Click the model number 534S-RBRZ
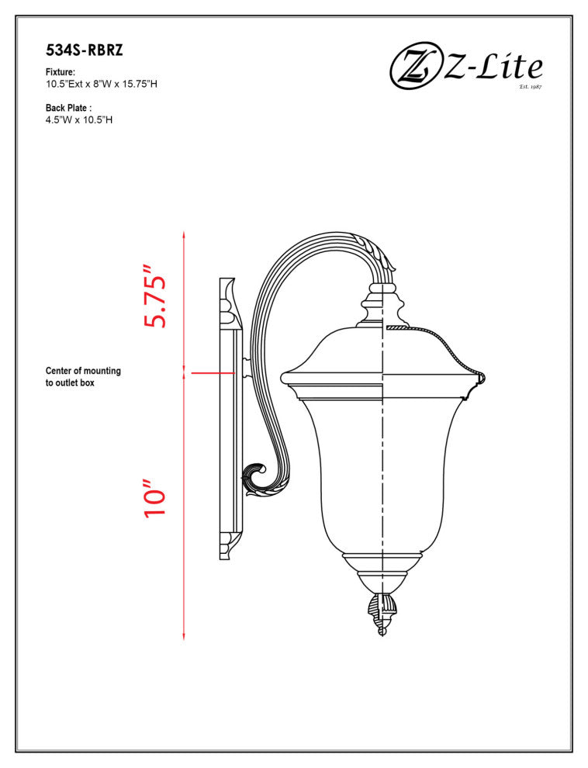[x=85, y=51]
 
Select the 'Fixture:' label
[x=61, y=72]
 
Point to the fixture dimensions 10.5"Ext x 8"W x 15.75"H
[x=102, y=84]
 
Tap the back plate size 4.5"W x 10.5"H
[x=80, y=120]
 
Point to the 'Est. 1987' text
[x=530, y=87]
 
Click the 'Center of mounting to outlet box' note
[x=82, y=377]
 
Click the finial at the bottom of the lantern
[x=382, y=612]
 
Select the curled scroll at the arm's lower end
[x=257, y=479]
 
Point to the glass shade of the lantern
[x=380, y=473]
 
